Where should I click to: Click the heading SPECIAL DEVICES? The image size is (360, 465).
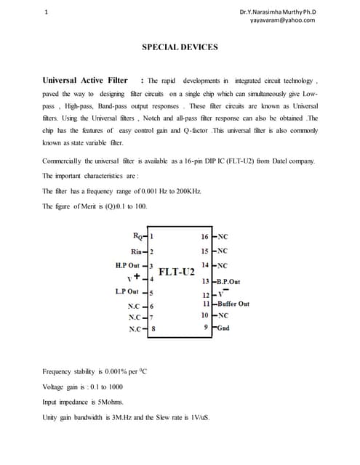pyautogui.click(x=180, y=46)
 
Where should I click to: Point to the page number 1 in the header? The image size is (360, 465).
pyautogui.click(x=47, y=12)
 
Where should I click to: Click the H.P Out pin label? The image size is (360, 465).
pyautogui.click(x=127, y=265)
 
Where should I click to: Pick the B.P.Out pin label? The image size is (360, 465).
pyautogui.click(x=231, y=281)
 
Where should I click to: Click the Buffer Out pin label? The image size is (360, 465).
pyautogui.click(x=233, y=304)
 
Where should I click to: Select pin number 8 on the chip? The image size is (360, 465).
pyautogui.click(x=153, y=329)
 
